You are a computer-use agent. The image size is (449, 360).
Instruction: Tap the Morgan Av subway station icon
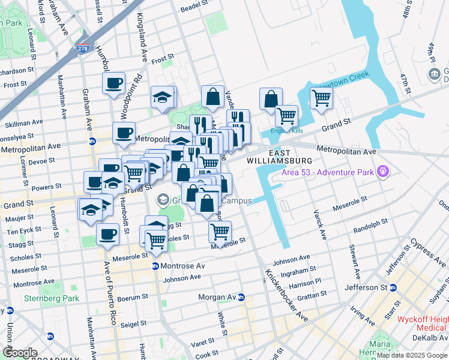241,297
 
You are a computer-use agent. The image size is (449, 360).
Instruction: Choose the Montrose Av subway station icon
154,266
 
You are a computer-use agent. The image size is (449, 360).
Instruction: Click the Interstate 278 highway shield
83,48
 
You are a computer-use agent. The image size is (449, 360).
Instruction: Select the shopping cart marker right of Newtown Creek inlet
321,98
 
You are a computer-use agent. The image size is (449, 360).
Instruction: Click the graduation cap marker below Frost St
161,97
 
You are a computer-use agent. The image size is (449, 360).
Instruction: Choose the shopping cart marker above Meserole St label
220,230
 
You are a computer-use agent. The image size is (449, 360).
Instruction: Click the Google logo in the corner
20,353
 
